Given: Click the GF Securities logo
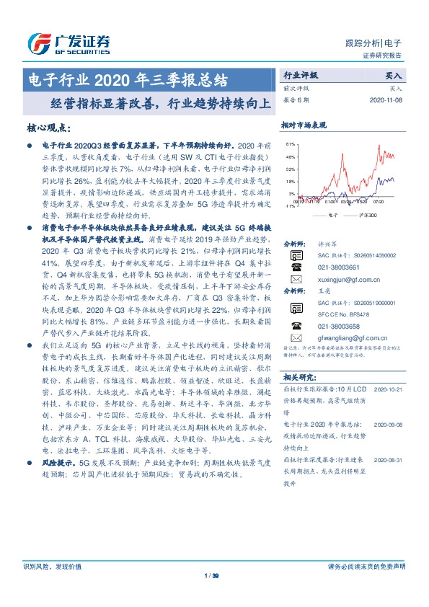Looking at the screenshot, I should (x=68, y=43).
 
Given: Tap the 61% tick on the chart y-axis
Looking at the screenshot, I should (x=290, y=144).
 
